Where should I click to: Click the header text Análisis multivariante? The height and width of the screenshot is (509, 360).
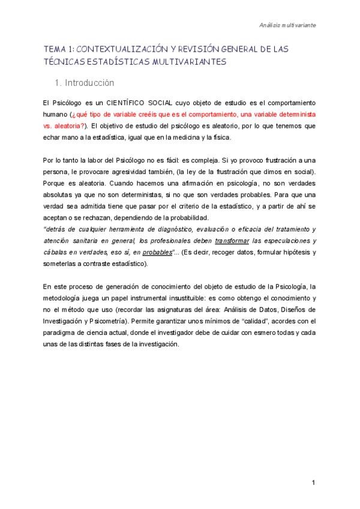288,26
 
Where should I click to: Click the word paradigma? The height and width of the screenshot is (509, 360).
63,333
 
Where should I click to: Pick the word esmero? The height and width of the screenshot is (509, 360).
241,333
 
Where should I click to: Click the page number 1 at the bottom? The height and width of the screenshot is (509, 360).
313,483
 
